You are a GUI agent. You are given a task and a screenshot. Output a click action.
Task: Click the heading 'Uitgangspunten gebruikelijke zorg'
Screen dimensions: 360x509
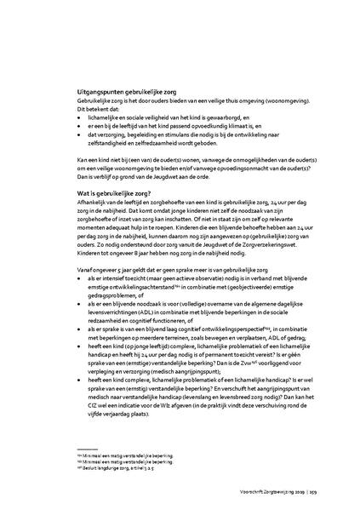129,90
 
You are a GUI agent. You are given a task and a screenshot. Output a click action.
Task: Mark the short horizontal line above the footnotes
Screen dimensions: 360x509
89,449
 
